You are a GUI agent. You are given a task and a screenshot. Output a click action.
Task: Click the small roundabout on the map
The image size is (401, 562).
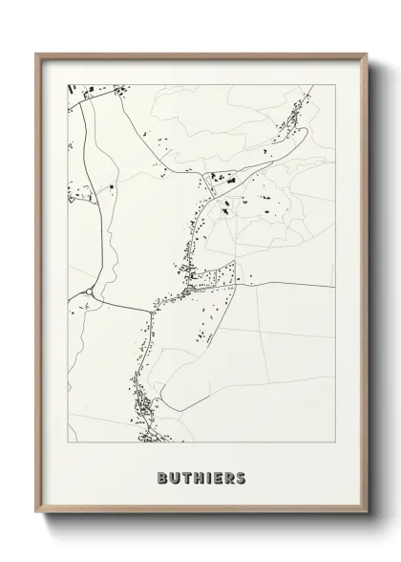pos(89,293)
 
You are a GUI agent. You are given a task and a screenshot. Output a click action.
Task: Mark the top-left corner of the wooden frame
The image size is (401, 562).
pos(37,54)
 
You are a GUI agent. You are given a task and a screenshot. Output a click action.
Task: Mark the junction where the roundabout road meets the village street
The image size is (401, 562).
pos(153,309)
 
